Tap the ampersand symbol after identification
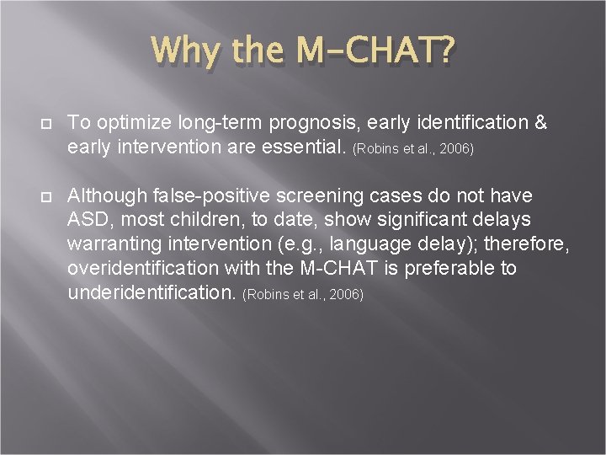540,124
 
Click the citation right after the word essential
413,149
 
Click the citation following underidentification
302,296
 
